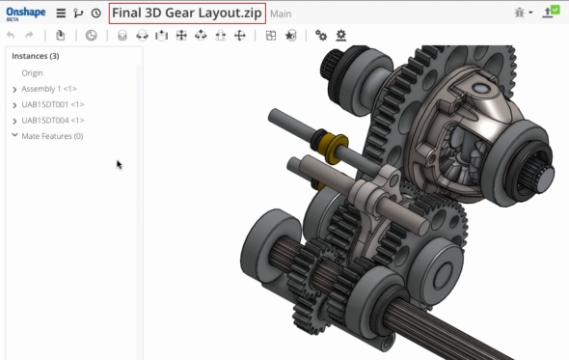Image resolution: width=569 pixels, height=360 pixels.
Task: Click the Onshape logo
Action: tap(26, 14)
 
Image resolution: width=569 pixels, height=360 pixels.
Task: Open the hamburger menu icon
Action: tap(61, 14)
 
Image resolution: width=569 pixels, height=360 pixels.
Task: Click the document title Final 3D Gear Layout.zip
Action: tap(187, 14)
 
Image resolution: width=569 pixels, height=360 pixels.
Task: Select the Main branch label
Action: tap(281, 14)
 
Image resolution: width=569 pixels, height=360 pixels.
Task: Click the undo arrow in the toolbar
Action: tap(11, 36)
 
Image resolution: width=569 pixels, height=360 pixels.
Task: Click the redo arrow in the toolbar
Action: tap(29, 36)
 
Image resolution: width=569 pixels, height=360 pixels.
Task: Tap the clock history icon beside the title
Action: tap(96, 14)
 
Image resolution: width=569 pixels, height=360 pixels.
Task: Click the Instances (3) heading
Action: tap(35, 56)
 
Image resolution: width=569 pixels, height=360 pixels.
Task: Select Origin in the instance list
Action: tap(32, 73)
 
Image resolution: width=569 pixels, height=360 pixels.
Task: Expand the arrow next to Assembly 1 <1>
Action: tap(14, 90)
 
